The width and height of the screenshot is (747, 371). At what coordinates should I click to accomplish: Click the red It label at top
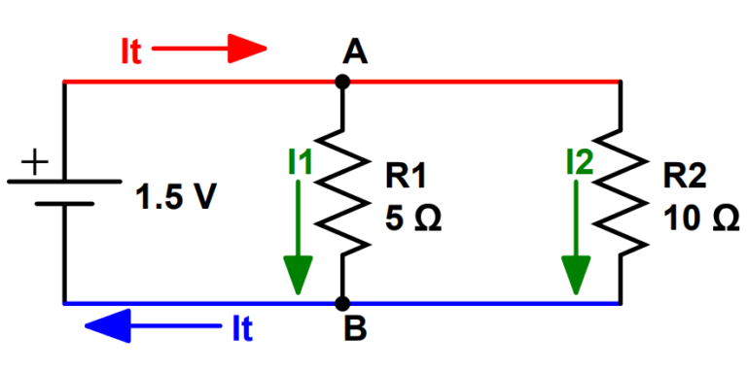[x=130, y=51]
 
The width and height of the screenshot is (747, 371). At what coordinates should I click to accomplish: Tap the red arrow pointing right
[x=208, y=47]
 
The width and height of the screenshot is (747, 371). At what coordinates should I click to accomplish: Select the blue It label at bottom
[x=242, y=330]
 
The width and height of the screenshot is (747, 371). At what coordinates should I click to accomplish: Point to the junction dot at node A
[x=341, y=83]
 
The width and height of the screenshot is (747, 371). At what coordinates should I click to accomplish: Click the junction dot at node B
[x=341, y=303]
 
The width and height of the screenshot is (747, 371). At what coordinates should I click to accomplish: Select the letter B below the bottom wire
[x=355, y=331]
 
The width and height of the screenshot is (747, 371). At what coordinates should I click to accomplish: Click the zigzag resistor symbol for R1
[x=342, y=192]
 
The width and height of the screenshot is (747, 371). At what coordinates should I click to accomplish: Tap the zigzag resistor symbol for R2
[x=621, y=192]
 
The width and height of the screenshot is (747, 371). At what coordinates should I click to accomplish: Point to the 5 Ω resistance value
[x=412, y=219]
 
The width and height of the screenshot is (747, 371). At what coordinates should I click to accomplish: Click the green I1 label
[x=300, y=162]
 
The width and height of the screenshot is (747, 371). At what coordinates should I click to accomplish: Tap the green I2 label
[x=579, y=162]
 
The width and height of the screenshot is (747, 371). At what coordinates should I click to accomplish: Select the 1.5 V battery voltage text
[x=176, y=197]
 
